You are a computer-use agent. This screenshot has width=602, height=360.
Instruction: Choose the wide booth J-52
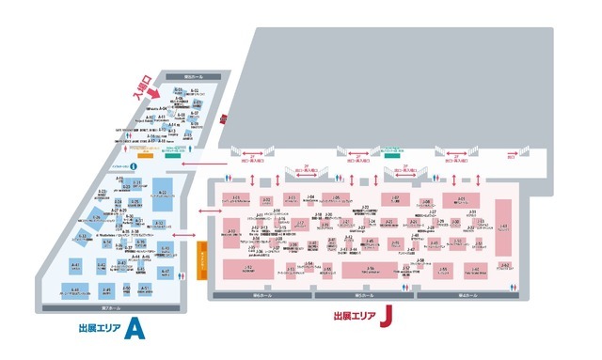coord(247,270)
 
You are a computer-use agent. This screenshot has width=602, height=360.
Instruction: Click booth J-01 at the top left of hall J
coord(236,198)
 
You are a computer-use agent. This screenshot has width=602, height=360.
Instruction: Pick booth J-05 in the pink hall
coord(337,198)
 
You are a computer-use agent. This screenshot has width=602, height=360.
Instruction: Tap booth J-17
coord(299,224)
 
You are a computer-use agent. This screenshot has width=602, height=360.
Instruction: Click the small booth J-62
coord(505,266)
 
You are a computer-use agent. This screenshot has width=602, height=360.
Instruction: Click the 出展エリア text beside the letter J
coord(356,317)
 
